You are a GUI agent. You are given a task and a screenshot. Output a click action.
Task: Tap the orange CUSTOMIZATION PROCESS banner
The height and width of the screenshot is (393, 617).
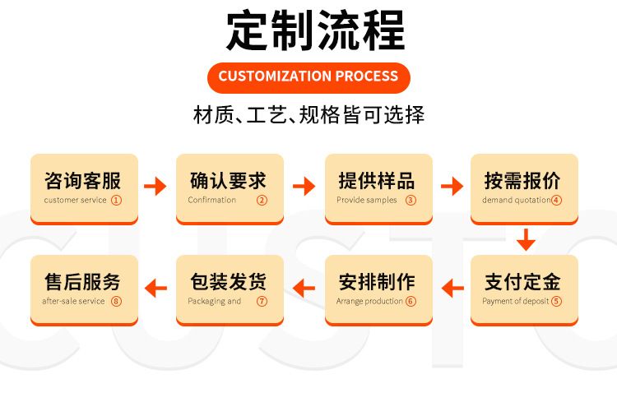308,76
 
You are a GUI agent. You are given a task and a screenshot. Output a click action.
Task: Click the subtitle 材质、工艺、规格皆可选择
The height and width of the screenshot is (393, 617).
308,114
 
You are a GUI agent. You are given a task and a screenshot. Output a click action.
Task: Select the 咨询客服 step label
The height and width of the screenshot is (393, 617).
82,180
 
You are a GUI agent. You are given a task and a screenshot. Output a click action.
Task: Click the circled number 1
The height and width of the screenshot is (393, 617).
116,200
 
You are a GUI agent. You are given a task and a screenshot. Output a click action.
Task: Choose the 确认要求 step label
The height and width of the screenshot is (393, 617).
228,180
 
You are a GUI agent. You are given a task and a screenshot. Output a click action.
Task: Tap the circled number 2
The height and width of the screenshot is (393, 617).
262,200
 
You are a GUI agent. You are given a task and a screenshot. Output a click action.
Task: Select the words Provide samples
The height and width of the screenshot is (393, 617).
367,200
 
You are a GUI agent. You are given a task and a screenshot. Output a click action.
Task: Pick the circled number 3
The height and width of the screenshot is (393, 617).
411,200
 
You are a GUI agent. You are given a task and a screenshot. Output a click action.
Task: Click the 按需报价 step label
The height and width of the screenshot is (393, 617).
522,180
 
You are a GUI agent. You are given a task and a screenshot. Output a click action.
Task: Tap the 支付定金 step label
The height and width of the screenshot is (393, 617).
522,282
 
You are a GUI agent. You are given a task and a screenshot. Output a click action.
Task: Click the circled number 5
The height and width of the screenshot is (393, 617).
557,301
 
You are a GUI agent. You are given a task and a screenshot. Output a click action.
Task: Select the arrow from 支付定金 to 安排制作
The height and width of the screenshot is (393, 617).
452,288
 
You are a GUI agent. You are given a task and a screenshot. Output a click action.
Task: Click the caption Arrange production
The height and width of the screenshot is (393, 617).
369,301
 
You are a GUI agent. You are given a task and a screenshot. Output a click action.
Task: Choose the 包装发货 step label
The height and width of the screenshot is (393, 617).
228,282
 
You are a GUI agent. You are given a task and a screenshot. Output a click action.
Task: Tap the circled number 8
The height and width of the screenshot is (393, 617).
116,301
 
